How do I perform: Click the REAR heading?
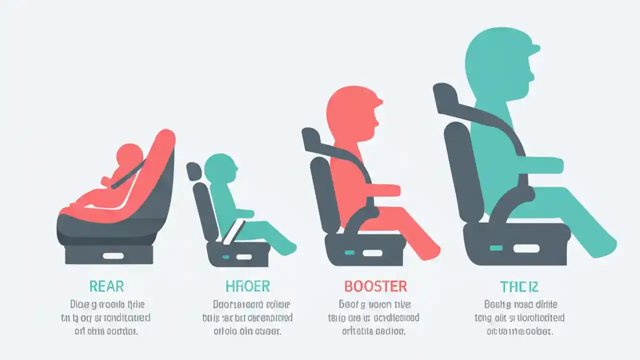click(x=106, y=286)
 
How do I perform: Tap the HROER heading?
click(x=248, y=286)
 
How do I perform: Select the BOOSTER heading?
click(x=375, y=286)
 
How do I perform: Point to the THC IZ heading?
click(x=519, y=286)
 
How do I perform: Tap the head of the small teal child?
click(x=220, y=167)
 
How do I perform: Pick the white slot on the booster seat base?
click(x=372, y=253)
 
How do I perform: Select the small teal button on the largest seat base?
click(x=496, y=247)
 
